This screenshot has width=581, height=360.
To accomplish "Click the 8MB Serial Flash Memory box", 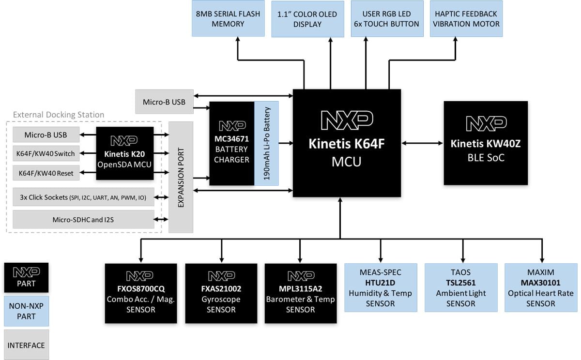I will [228, 19].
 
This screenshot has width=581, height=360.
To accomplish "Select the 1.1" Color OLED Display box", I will [307, 19].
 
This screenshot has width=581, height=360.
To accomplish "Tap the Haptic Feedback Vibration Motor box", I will [466, 19].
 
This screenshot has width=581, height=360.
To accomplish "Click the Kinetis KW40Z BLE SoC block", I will [485, 143].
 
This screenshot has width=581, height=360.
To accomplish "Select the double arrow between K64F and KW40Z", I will [422, 143].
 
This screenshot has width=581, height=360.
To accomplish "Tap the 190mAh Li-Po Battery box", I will [267, 143].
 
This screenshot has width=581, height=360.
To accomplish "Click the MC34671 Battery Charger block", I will [231, 143].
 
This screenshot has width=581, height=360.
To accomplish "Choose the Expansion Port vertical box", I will [181, 177].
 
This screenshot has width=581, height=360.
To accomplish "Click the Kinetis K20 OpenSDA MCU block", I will [125, 153].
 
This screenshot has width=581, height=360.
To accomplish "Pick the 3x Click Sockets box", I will [83, 197].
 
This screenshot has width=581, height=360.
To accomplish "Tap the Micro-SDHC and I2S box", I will [83, 219].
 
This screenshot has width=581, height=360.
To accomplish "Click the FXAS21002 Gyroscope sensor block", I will [221, 293].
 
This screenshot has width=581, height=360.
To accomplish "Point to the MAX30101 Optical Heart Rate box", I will [540, 287].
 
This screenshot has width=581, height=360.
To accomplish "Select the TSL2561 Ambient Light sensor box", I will [461, 287].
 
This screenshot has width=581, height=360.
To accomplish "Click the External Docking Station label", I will [59, 115].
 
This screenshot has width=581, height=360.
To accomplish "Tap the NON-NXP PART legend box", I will [26, 311].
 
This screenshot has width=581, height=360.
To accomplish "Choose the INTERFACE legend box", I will [26, 345].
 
